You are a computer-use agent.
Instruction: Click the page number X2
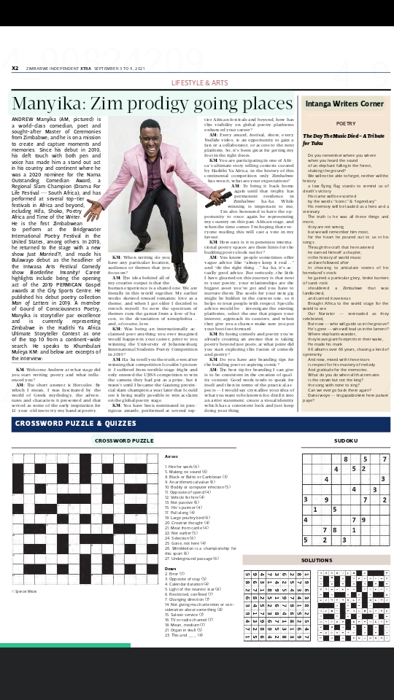coord(15,68)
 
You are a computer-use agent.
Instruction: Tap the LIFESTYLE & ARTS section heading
coord(200,83)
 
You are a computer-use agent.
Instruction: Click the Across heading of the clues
coord(172,456)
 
